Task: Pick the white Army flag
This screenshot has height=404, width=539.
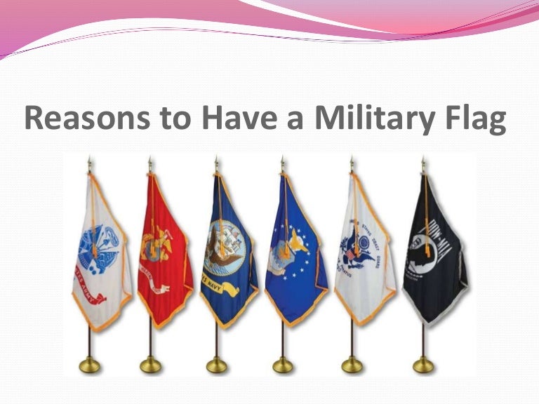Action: pyautogui.click(x=100, y=252)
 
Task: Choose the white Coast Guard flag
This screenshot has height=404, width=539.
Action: pyautogui.click(x=362, y=252)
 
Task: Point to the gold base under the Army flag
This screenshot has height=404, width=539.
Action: pyautogui.click(x=88, y=364)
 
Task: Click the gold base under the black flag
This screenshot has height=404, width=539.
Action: pyautogui.click(x=423, y=364)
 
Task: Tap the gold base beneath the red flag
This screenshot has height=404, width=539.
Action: pyautogui.click(x=151, y=364)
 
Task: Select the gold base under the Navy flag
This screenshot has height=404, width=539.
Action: pyautogui.click(x=217, y=364)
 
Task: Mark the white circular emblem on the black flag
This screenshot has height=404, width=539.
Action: pyautogui.click(x=434, y=249)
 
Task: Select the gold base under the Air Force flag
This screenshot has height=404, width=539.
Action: pyautogui.click(x=283, y=364)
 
